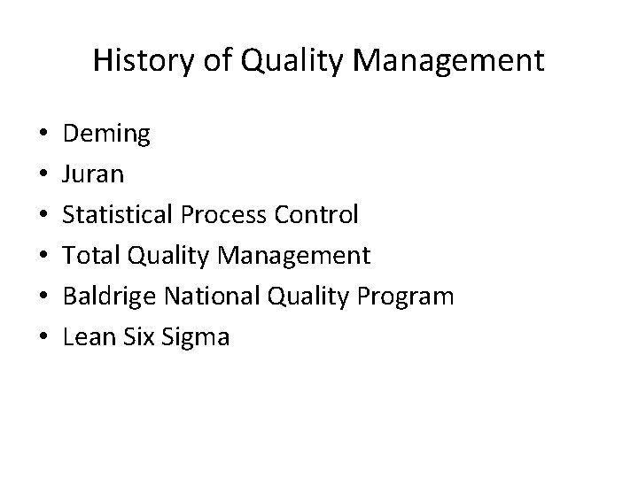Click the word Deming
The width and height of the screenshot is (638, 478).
point(107,135)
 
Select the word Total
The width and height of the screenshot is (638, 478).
point(91,256)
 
